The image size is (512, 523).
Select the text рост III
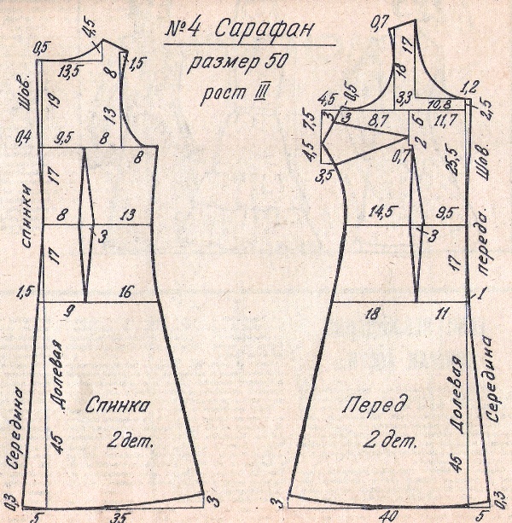[228, 92]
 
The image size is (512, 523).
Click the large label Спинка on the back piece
[115, 405]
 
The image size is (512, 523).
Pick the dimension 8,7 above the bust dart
[374, 125]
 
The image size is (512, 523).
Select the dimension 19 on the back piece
[52, 102]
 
